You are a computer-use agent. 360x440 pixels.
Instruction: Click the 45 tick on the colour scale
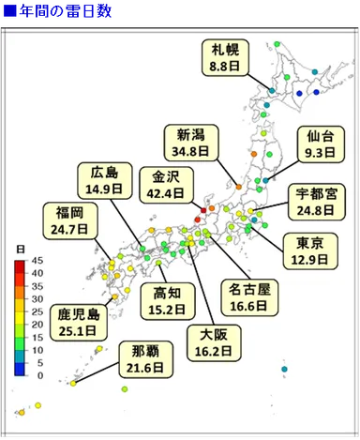[x=37, y=261]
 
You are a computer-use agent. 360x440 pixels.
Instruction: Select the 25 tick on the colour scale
[x=37, y=311]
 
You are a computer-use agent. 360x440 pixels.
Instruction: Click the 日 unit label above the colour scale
[x=21, y=248]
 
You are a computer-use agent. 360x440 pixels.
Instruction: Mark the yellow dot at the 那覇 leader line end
[x=72, y=383]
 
